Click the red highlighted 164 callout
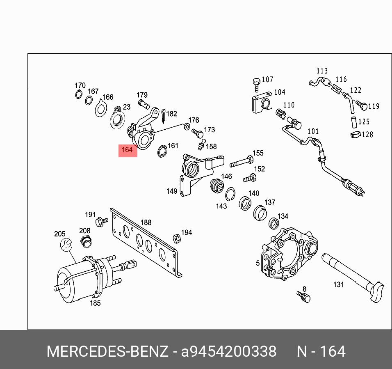(127, 150)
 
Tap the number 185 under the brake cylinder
(95, 303)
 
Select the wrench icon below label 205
(65, 245)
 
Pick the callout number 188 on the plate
(146, 222)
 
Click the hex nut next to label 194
(176, 238)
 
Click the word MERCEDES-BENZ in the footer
(107, 352)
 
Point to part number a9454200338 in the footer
(229, 352)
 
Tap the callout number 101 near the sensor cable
(313, 131)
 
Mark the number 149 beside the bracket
(172, 191)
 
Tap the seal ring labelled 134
(274, 223)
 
